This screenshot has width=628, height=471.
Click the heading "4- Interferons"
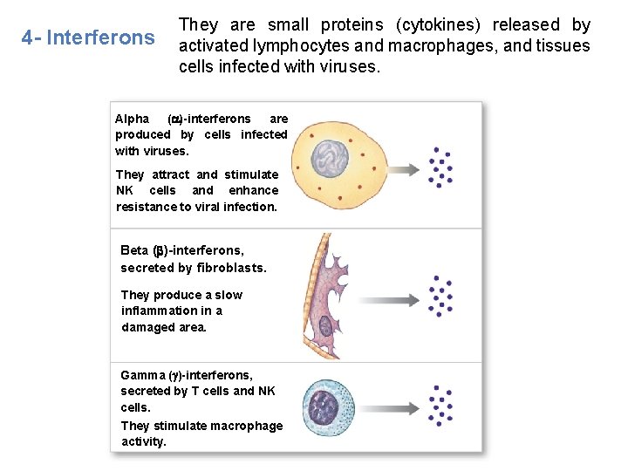[x=88, y=38]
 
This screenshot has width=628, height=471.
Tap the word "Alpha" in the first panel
[x=133, y=119]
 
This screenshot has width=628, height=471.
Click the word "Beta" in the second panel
[x=134, y=250]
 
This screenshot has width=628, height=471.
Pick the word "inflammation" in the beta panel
[x=160, y=311]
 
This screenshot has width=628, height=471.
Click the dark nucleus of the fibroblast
[x=325, y=326]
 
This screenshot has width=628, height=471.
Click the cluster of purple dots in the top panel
[x=440, y=166]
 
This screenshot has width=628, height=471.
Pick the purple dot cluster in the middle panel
[x=440, y=297]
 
